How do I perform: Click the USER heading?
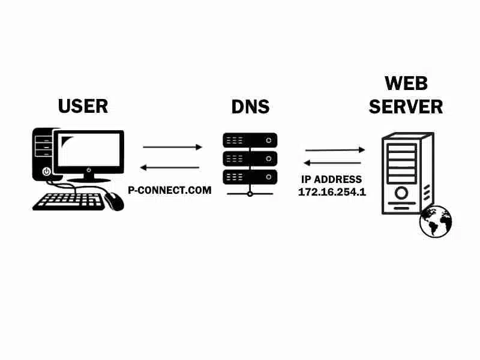point(83,106)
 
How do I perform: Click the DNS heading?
point(250,107)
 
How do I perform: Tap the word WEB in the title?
point(406,83)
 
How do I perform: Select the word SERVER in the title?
point(406,107)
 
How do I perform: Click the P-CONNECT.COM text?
point(170,190)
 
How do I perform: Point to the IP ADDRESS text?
point(331,179)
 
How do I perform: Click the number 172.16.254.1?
point(332,192)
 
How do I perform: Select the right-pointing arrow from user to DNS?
point(173,147)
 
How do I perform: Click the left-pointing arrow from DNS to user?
point(169,167)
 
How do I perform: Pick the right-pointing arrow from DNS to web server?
point(335,150)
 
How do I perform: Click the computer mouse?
point(115,200)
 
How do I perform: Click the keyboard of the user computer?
point(68,202)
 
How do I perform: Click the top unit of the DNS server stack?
point(250,140)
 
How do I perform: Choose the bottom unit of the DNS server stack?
point(250,176)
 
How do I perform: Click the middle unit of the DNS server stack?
point(250,158)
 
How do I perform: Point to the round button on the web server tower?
point(401,192)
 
